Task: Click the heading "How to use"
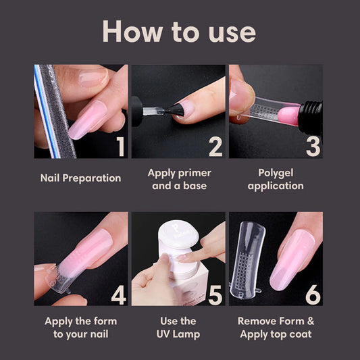click(x=180, y=32)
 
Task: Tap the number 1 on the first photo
click(x=120, y=146)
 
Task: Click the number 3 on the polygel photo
click(x=312, y=146)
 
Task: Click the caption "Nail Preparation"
click(x=80, y=178)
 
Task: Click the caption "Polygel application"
click(x=276, y=179)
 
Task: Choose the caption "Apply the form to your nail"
click(x=80, y=327)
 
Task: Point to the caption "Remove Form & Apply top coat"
click(x=276, y=327)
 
